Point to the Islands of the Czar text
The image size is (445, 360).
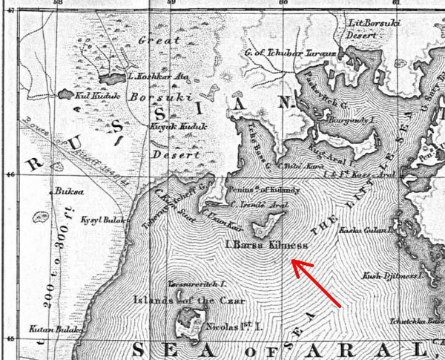[x=179, y=301]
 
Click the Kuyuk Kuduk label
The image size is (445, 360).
[x=176, y=128]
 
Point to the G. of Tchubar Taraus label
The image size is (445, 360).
[x=291, y=53]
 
